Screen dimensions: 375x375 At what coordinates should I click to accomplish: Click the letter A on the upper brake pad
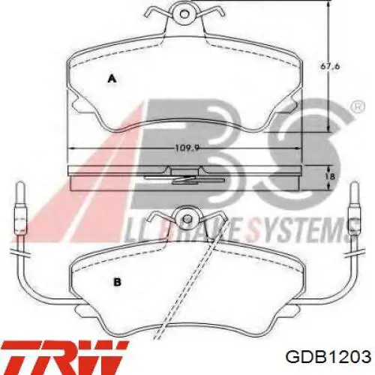[x=112, y=79]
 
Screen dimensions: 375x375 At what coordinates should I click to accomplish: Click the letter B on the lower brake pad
[x=117, y=283]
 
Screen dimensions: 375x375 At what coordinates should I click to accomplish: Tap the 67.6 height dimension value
[x=330, y=67]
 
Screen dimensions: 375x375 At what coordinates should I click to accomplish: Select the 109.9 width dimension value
[x=187, y=148]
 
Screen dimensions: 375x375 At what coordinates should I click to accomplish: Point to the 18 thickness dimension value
[x=330, y=176]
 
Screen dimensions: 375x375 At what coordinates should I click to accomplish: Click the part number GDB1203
[x=328, y=357]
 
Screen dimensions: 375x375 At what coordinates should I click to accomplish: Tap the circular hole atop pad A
[x=184, y=13]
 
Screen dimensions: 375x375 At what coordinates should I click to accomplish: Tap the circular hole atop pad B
[x=187, y=219]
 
